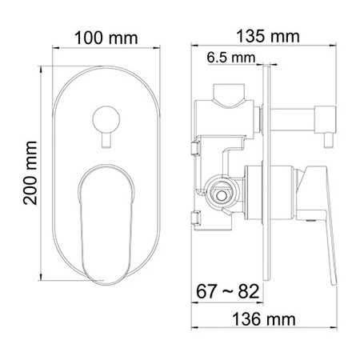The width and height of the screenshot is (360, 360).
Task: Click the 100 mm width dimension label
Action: point(106,38)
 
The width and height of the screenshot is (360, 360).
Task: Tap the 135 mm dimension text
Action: point(269,38)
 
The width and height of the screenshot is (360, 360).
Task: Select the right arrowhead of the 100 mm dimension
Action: point(157,49)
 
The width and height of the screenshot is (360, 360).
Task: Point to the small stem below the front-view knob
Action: point(106,140)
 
